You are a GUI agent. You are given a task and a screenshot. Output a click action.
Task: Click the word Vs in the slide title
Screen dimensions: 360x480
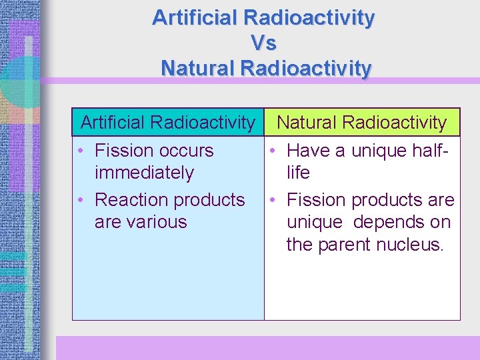[263, 43]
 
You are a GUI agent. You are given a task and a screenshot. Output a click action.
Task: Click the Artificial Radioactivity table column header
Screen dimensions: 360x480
[167, 123]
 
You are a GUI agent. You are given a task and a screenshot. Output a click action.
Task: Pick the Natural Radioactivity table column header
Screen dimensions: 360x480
[361, 123]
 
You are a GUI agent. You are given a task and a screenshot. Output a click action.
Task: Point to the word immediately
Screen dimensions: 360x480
[144, 173]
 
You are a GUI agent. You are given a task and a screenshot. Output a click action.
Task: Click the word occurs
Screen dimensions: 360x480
[183, 151]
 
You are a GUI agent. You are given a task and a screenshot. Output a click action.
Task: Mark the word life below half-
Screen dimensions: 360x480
[298, 173]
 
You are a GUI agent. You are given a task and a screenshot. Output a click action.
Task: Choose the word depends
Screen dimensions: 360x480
[389, 222]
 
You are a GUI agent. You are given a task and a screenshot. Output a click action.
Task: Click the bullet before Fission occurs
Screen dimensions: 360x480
[80, 151]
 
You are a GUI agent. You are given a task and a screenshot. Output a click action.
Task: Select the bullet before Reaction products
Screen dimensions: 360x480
[80, 200]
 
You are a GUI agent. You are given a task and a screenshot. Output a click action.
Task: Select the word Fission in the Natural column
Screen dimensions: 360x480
[317, 199]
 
